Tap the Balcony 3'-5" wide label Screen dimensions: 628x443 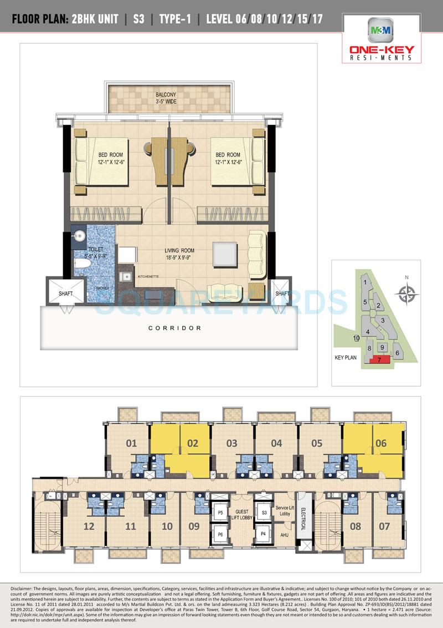click(x=166, y=98)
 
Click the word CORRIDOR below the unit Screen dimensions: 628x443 click(x=175, y=328)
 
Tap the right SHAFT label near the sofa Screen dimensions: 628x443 click(x=282, y=293)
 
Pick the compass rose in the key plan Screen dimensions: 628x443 click(x=407, y=292)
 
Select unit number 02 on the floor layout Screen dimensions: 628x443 click(x=193, y=443)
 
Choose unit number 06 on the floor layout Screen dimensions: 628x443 click(x=380, y=443)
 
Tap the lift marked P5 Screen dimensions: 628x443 click(x=220, y=512)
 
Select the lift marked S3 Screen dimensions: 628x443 click(x=264, y=512)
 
